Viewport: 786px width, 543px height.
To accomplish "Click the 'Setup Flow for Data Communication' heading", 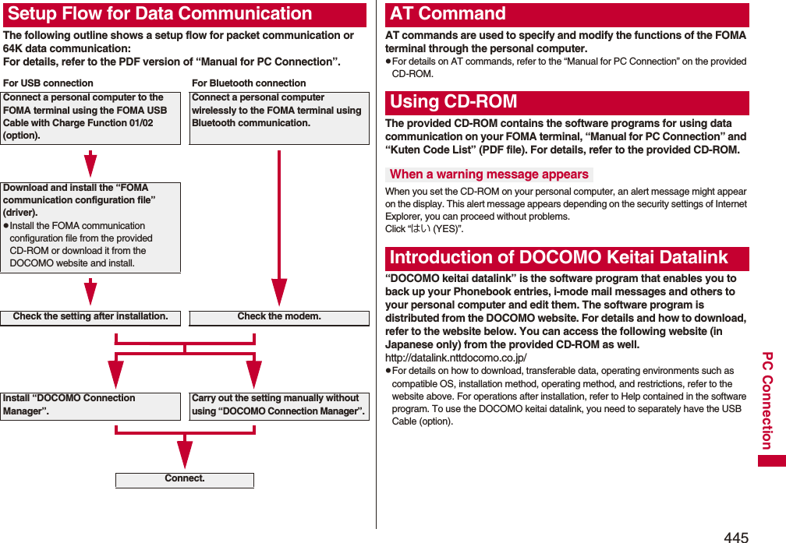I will (160, 14).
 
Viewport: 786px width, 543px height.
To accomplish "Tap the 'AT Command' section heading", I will (448, 14).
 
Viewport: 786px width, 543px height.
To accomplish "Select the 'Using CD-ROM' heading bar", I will (453, 102).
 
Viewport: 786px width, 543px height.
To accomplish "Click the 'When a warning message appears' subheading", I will (489, 175).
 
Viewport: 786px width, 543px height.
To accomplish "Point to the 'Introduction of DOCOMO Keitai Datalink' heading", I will (558, 258).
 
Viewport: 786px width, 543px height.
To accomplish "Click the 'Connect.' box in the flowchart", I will (185, 479).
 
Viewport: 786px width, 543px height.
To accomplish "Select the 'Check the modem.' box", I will (279, 317).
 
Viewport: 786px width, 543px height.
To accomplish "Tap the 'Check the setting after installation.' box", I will (90, 317).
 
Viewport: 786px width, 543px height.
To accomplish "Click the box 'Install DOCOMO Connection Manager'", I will (90, 404).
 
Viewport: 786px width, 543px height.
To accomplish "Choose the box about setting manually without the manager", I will (279, 404).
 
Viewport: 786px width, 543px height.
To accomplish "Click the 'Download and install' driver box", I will (90, 227).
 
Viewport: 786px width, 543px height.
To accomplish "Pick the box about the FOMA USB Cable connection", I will (90, 117).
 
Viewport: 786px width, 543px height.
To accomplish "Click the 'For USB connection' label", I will (48, 83).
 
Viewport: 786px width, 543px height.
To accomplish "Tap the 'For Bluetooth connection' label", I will (249, 83).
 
